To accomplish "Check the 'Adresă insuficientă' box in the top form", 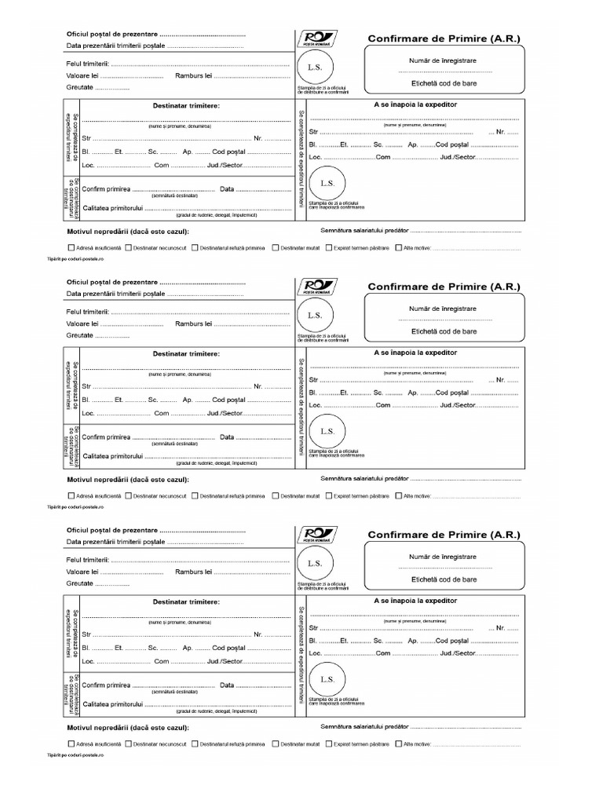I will (x=72, y=247).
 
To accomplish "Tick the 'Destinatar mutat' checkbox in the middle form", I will (x=276, y=496).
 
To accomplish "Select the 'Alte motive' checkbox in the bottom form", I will (x=399, y=744).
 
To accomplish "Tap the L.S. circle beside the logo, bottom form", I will (x=315, y=563).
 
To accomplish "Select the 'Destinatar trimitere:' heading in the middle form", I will (x=186, y=354).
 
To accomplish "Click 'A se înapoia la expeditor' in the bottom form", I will (x=415, y=601).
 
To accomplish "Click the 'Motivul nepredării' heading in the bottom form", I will (x=128, y=727).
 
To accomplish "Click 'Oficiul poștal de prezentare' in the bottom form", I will (x=112, y=531).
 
